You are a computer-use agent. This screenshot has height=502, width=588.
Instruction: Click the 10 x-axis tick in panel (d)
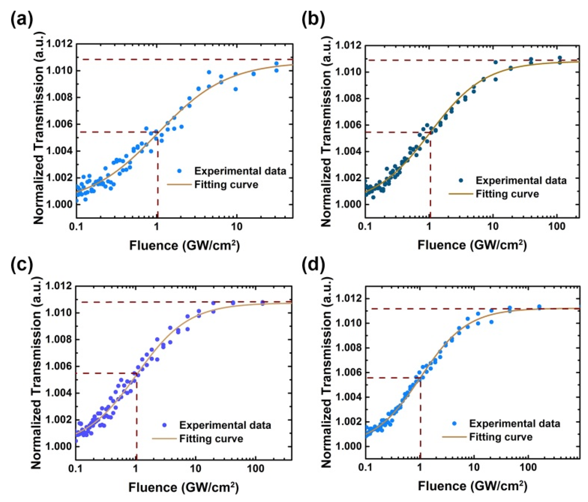(x=474, y=467)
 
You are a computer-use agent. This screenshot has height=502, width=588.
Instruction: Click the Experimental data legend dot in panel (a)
(x=179, y=171)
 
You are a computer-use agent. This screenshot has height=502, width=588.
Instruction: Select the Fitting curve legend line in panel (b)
(x=461, y=194)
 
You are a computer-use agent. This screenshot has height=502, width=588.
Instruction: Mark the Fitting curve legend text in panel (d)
(x=501, y=437)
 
